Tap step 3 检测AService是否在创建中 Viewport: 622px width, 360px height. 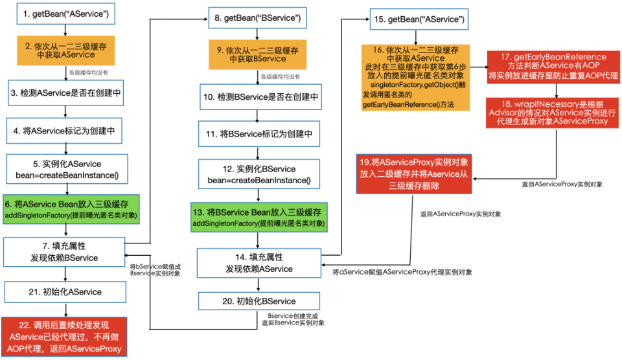64,93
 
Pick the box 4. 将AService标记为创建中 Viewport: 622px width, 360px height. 64,130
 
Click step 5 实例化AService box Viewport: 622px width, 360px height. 64,168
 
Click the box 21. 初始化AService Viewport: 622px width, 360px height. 64,292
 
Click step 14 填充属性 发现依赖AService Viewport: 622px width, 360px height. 259,264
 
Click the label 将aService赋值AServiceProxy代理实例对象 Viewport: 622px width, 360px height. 402,273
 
